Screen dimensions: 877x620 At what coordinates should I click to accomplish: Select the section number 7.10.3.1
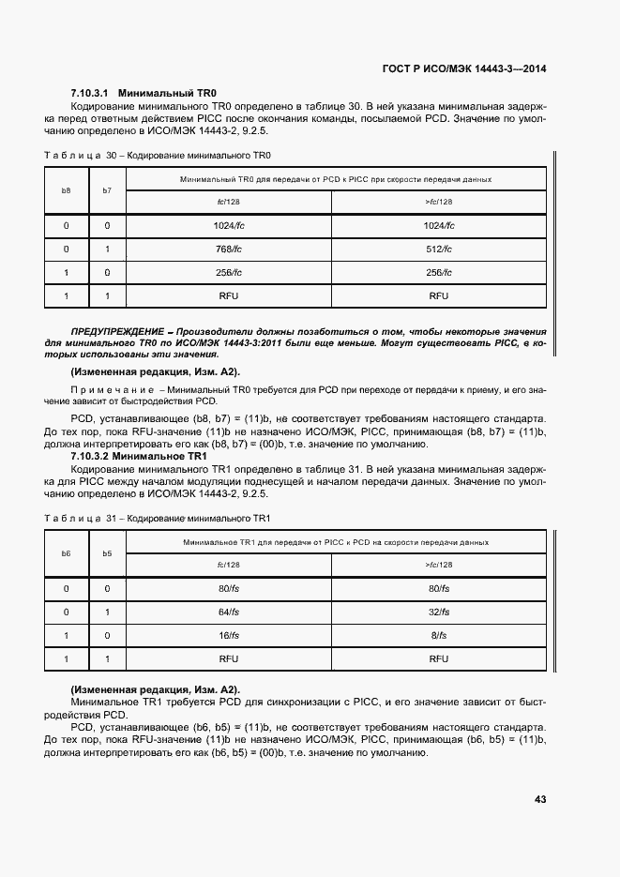pos(91,94)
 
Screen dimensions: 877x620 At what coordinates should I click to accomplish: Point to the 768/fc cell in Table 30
pos(229,249)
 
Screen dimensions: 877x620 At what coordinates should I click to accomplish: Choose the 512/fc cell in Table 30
pos(439,249)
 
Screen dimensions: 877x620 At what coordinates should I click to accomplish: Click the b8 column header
pos(66,190)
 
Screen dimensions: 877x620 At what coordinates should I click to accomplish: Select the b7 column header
pos(107,190)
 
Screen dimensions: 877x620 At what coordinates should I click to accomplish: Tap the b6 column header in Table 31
pos(66,553)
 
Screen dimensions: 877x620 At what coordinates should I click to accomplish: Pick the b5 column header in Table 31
pos(107,553)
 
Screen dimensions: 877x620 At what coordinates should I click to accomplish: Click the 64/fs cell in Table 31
pos(229,612)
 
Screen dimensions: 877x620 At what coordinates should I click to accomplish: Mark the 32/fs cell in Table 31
pos(439,612)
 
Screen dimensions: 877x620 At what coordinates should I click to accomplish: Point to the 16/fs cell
pos(229,635)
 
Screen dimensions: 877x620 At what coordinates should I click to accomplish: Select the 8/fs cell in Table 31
pos(439,635)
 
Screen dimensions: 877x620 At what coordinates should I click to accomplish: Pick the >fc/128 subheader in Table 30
pos(439,202)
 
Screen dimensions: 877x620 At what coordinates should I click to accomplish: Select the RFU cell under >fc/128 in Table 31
pos(439,659)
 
